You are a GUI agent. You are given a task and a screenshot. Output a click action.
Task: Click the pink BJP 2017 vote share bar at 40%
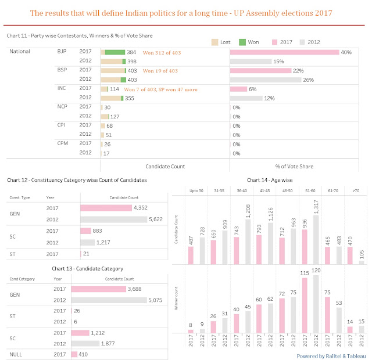tap(284, 52)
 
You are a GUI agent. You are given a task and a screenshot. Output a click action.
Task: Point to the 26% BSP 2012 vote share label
tap(314, 80)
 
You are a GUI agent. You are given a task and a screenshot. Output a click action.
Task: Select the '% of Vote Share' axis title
tap(294, 166)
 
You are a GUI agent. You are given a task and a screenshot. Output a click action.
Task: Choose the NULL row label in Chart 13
tap(15, 354)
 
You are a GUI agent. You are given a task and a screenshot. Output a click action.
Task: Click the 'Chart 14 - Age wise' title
tap(269, 180)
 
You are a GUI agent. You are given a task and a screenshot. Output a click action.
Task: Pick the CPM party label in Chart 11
tap(64, 143)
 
